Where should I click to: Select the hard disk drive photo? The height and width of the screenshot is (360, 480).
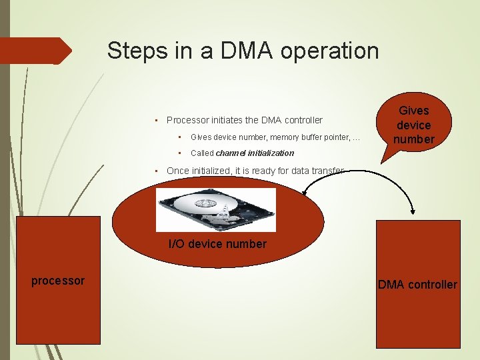215,210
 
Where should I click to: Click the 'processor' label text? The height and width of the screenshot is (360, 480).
58,281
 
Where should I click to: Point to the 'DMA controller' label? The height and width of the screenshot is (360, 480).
417,285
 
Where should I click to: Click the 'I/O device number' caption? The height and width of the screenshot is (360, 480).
217,244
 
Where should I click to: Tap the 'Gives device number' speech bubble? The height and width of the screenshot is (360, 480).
414,125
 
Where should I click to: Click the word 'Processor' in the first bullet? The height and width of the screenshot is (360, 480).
187,120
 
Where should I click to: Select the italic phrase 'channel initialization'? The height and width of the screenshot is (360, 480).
255,153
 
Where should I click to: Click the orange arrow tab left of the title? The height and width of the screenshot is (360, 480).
36,51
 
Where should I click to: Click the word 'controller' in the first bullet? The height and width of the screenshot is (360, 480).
303,120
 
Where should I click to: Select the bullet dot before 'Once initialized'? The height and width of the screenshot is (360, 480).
155,170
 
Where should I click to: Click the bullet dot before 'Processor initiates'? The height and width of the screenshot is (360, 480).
155,120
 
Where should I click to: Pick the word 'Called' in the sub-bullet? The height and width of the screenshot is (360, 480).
202,153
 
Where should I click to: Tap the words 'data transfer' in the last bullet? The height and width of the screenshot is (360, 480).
319,171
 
